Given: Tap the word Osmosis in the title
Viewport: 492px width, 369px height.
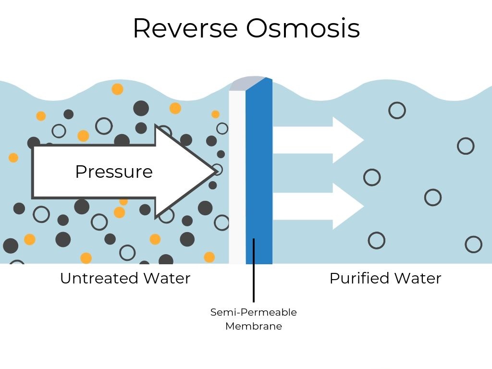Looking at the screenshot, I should (x=303, y=28).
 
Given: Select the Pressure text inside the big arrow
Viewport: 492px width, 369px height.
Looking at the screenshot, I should (x=114, y=172).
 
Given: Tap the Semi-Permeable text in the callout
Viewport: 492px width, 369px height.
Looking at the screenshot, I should (x=254, y=312).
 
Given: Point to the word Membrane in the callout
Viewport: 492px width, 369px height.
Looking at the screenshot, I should (x=254, y=326).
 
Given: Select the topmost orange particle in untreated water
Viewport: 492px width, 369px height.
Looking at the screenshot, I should (x=117, y=89).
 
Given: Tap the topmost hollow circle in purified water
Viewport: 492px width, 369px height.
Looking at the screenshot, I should (x=397, y=111).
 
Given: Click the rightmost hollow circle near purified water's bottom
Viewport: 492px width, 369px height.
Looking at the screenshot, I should (x=473, y=244).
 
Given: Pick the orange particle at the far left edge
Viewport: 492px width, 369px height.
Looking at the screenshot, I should (x=13, y=158).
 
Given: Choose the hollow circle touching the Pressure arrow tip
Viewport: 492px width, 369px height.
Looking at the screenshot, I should (x=218, y=170).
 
